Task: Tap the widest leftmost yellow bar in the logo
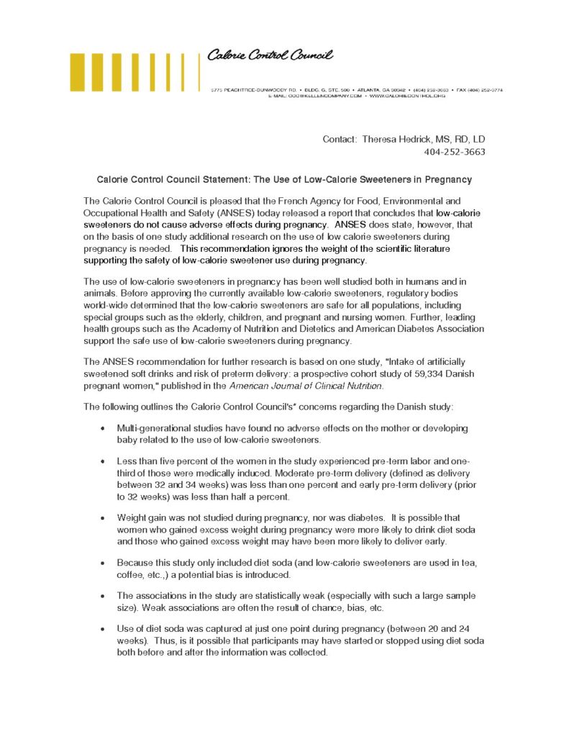(78, 72)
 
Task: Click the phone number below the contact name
(455, 152)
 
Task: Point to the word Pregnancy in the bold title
(447, 178)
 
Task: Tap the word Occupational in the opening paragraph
(112, 214)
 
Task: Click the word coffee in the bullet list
(131, 574)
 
